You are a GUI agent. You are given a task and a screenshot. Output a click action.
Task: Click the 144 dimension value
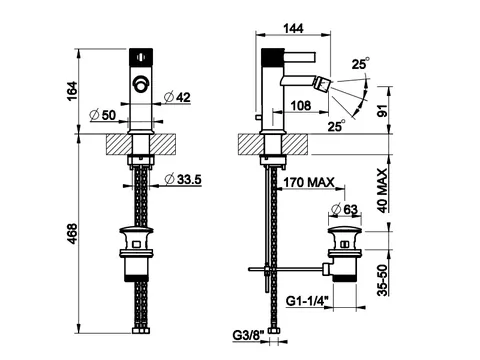[293, 28]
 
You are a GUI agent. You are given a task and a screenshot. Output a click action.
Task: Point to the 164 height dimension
[72, 91]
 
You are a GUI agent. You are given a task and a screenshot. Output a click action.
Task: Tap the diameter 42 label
[178, 97]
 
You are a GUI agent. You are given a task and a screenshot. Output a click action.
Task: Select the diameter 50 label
[103, 115]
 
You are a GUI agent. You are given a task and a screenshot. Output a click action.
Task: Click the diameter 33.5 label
[183, 179]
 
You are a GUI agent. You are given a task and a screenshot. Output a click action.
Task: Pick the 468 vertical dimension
[72, 233]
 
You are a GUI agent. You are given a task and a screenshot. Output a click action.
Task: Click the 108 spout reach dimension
[301, 106]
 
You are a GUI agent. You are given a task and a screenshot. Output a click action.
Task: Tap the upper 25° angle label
[361, 63]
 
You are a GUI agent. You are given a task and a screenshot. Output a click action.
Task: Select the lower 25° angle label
[336, 126]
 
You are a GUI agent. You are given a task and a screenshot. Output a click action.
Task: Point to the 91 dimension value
[383, 111]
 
